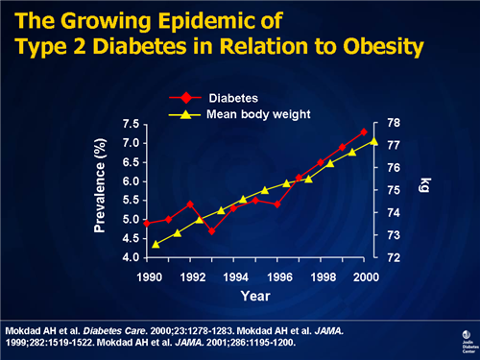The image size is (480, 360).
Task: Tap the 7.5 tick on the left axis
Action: pos(128,124)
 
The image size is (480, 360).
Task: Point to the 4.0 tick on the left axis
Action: pos(128,258)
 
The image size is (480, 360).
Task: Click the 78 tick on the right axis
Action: pos(394,123)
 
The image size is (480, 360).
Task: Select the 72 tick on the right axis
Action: pos(394,258)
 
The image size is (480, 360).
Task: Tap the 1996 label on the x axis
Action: pos(280,277)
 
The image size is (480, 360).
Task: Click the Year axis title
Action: pos(255,297)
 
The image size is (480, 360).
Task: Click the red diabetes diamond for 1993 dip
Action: pos(212,231)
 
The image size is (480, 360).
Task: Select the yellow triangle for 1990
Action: pos(156,244)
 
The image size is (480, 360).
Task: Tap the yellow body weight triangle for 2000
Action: pos(374,141)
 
